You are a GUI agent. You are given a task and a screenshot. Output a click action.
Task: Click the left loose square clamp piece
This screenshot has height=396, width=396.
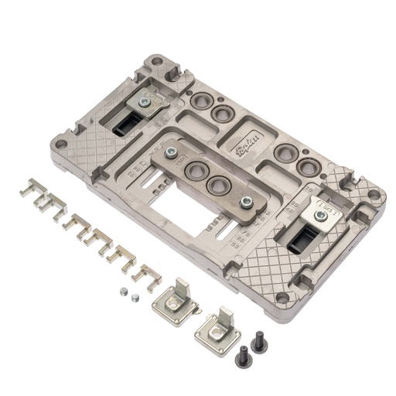[x=174, y=306]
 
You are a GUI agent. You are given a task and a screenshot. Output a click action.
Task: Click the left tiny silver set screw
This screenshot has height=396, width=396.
[x=123, y=292]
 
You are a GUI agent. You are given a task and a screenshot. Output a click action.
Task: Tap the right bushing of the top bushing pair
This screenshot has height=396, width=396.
[x=222, y=114]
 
